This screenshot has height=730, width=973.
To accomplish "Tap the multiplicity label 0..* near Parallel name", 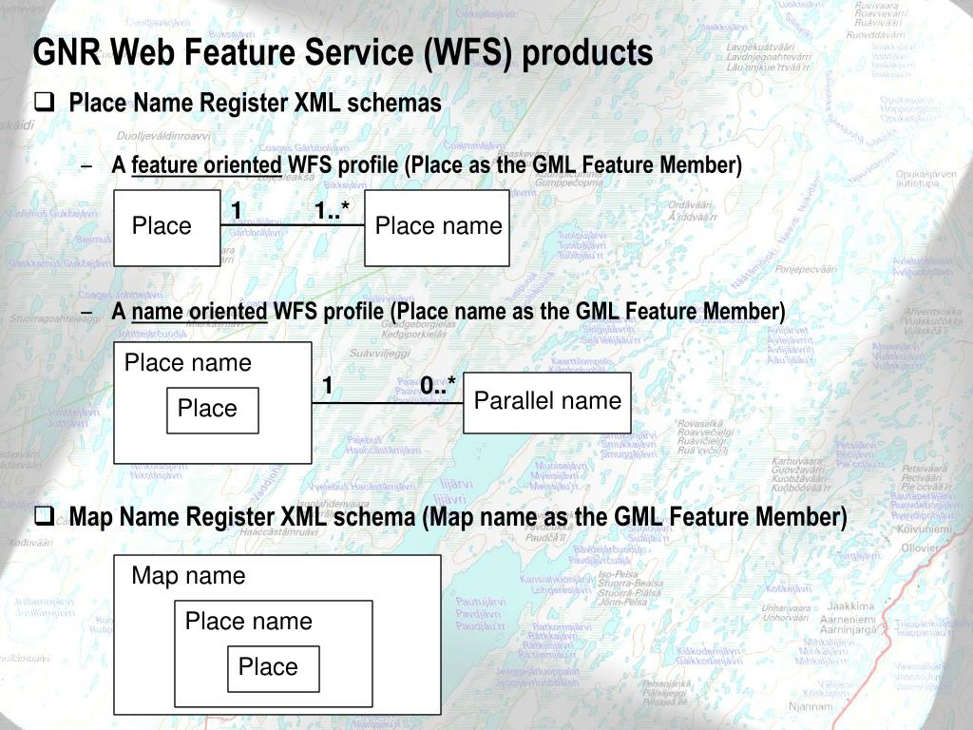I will coord(438,385).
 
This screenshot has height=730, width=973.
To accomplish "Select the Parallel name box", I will coord(547,402).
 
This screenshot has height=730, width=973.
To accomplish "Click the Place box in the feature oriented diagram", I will coord(167,227).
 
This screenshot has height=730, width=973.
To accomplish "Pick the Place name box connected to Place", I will coord(437,227).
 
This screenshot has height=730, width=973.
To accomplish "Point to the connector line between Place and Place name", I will coord(293,225).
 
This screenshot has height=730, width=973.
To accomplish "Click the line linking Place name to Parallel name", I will coord(388,403).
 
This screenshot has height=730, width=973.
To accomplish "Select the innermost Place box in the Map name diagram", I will coord(273,668).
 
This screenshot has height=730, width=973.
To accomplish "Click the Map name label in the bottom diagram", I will coord(188,576).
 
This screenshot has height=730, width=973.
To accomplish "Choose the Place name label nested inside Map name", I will coord(248,622).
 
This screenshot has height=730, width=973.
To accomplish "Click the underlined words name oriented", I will coord(200,312).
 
